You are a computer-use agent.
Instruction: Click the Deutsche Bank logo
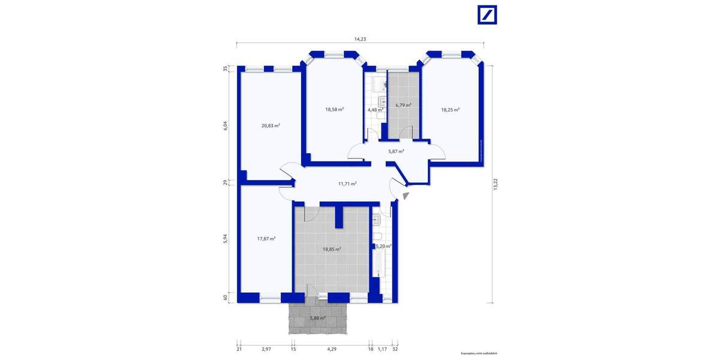[487, 15]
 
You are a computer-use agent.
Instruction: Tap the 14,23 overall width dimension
[360, 39]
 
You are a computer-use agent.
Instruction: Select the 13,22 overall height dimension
[495, 185]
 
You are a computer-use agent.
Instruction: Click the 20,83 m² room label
[271, 125]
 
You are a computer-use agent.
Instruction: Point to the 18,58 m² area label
[334, 109]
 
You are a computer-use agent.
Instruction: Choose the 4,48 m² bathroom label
[376, 110]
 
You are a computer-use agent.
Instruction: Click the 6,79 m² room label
[403, 105]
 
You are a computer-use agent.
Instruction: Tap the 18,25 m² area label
[450, 110]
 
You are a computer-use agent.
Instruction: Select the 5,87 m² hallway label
[396, 151]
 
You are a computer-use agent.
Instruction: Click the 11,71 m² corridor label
[347, 184]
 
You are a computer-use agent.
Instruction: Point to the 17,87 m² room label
[266, 238]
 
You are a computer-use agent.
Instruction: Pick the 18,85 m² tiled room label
[332, 249]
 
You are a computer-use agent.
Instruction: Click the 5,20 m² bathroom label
[383, 246]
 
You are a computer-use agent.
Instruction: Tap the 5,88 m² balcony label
[317, 318]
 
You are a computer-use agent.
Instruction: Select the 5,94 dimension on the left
[226, 238]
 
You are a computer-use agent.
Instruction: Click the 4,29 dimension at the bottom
[331, 349]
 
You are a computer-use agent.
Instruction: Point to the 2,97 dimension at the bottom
[266, 349]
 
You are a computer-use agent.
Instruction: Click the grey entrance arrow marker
[406, 195]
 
